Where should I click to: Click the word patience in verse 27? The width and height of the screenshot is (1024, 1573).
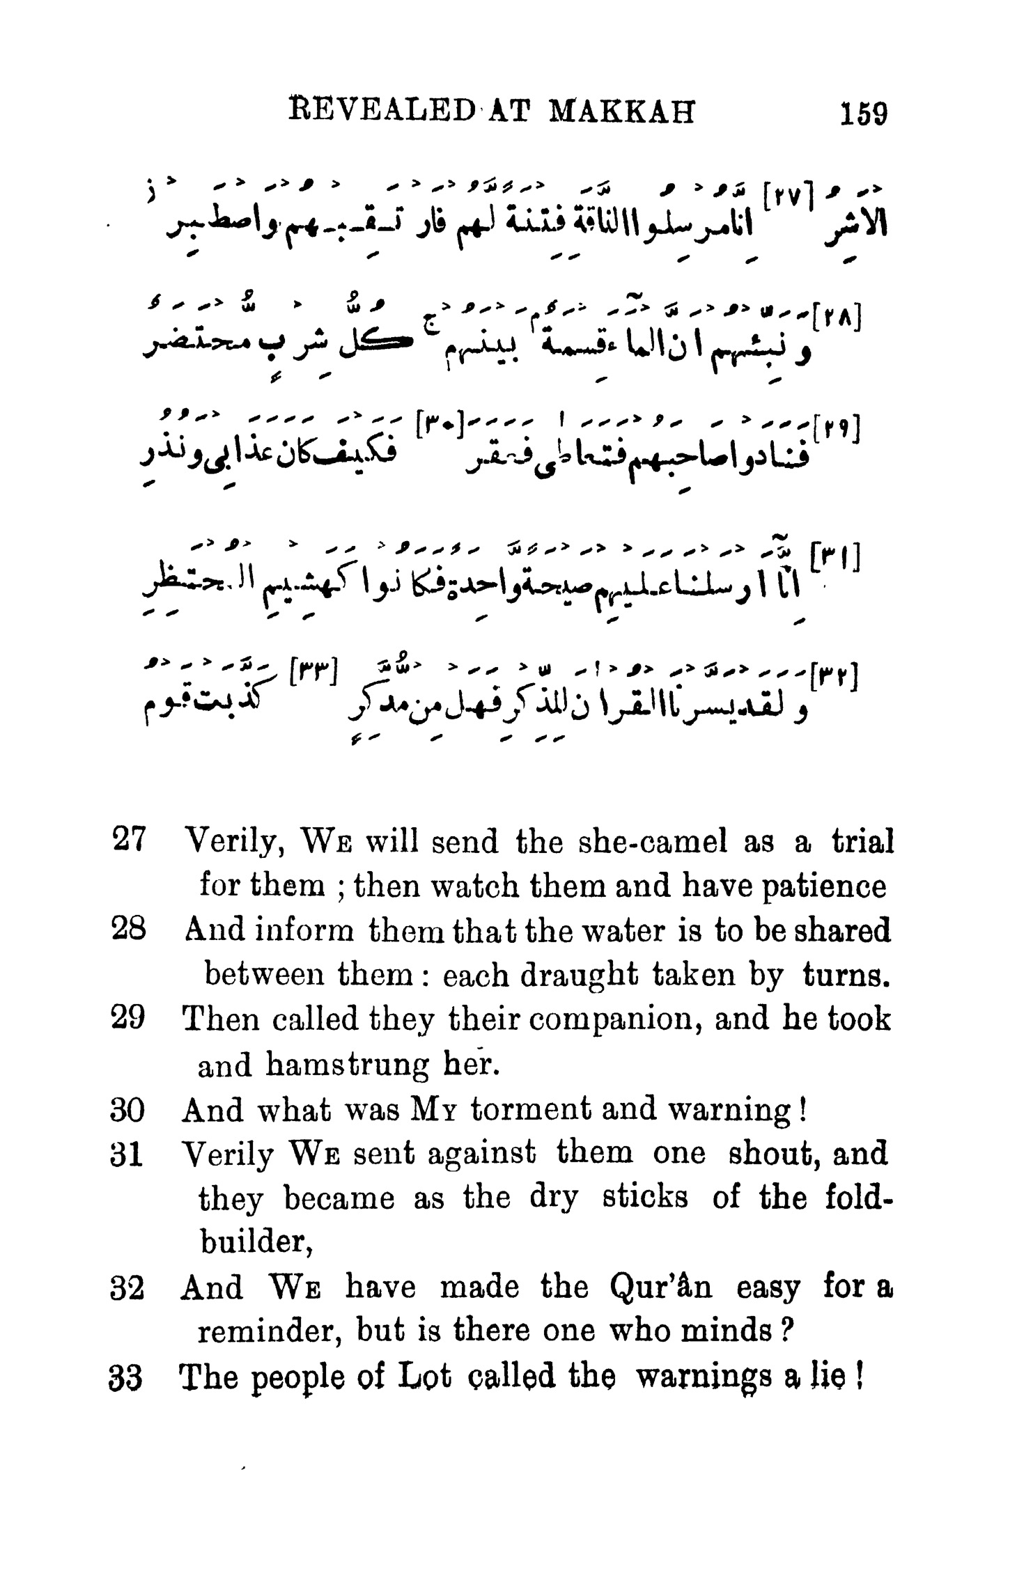tap(827, 887)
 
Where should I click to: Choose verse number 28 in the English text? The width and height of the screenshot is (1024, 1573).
tap(127, 930)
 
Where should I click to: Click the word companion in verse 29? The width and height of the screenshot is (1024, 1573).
tap(635, 1020)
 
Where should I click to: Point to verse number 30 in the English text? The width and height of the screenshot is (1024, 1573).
tap(127, 1110)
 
